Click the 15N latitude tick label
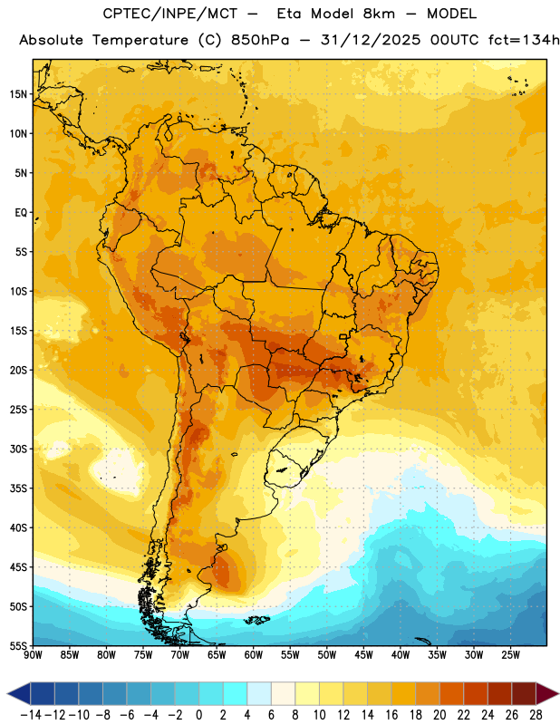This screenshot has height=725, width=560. (18, 94)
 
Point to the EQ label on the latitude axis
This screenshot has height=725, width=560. (21, 213)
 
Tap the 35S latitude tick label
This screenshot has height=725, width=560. (18, 488)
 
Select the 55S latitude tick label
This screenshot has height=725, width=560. (18, 645)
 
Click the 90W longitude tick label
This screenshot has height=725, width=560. (34, 655)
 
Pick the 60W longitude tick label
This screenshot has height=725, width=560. (254, 655)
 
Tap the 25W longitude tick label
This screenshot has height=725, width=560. (510, 655)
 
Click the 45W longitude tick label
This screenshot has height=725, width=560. (363, 655)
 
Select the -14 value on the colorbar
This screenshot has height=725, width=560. (31, 715)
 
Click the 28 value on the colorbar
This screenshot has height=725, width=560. (536, 715)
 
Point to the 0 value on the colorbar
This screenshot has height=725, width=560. (198, 715)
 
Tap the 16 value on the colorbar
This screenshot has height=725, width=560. (391, 715)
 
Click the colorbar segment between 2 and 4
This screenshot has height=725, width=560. (235, 693)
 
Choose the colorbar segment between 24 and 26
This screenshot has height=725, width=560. (499, 693)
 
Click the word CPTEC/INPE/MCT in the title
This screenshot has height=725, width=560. (170, 14)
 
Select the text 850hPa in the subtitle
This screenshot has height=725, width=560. (260, 40)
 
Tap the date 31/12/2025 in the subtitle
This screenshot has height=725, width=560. (371, 40)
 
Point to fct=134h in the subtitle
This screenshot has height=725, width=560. (524, 40)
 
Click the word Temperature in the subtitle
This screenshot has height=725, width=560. (140, 41)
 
